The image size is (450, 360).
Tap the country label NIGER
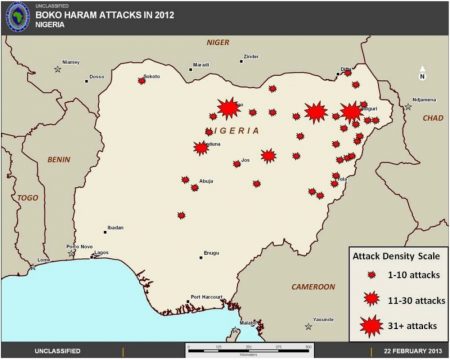[217, 43]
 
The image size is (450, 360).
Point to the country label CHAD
[432, 118]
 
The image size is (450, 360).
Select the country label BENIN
[59, 159]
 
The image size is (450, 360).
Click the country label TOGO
[27, 198]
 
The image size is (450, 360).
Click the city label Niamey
[71, 61]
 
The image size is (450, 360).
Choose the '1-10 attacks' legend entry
[405, 273]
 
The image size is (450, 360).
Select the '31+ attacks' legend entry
[406, 325]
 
